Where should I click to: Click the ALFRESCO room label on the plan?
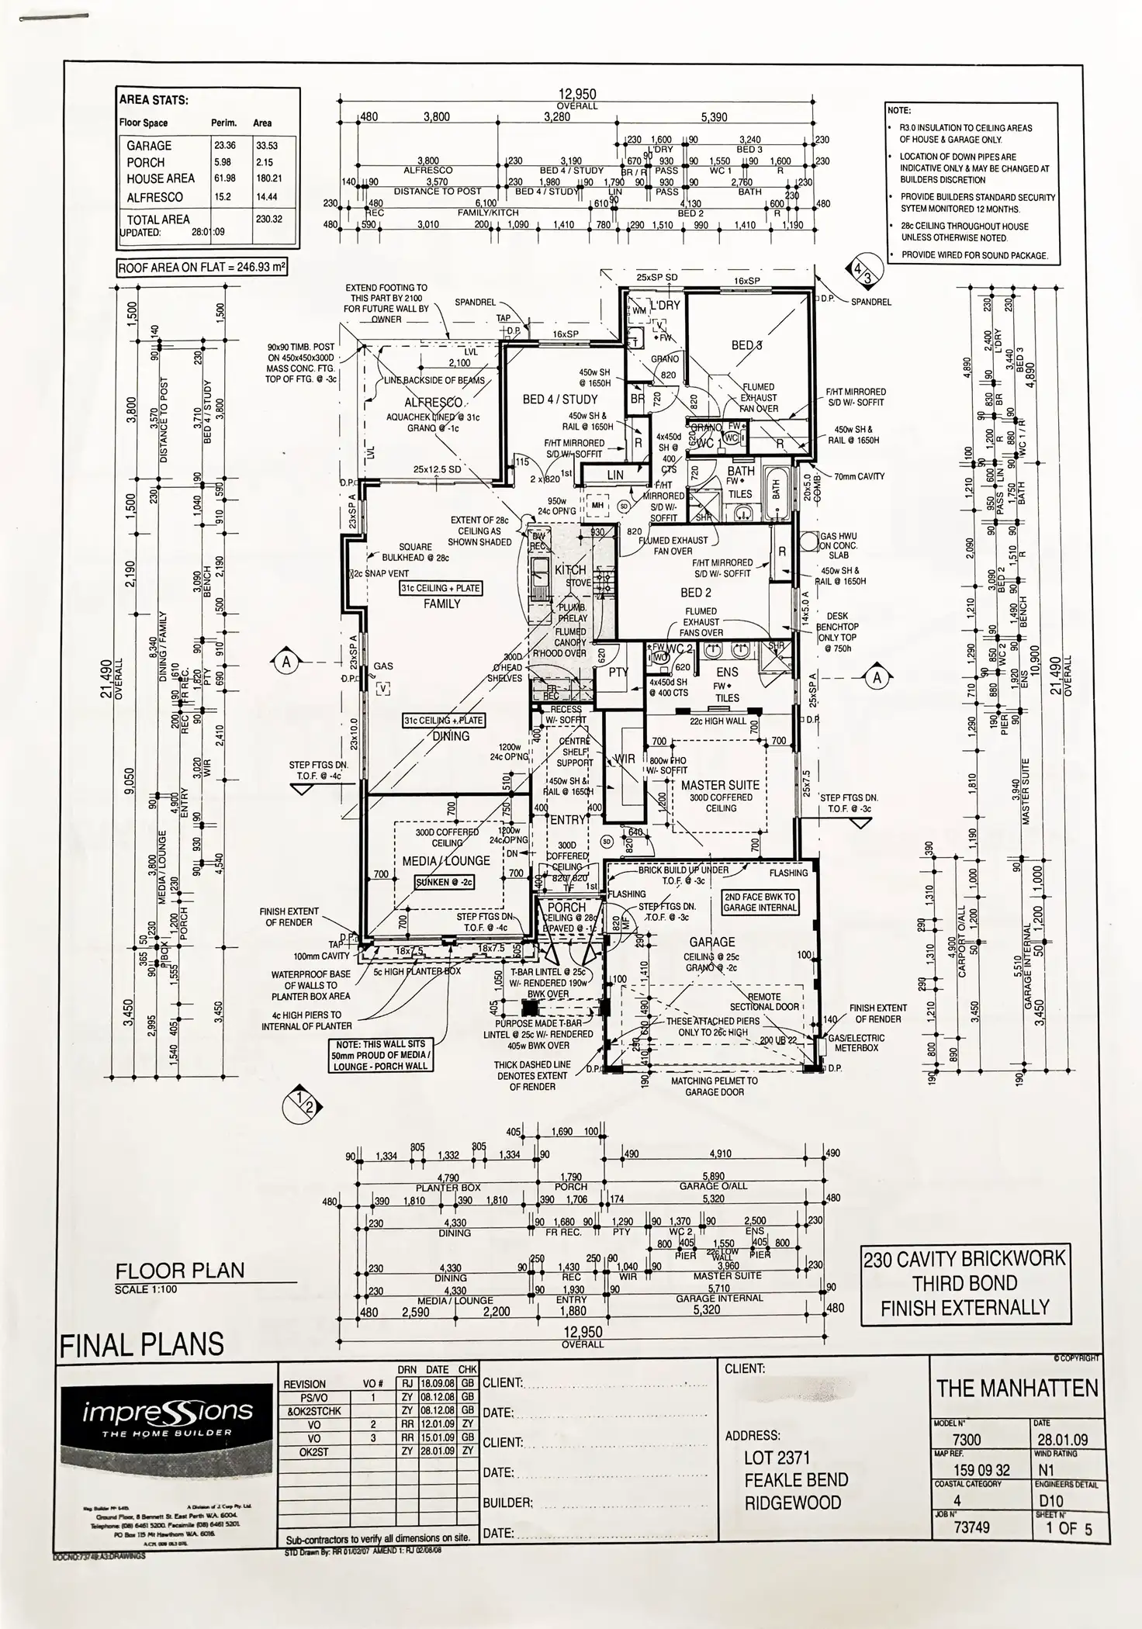[434, 403]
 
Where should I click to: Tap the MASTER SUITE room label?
[720, 785]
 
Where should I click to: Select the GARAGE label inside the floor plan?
[712, 942]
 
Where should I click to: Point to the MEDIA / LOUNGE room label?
[445, 860]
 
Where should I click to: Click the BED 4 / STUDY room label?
[559, 399]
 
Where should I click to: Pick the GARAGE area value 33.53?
[268, 145]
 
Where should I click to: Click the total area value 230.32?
[268, 219]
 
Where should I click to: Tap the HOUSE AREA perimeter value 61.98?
[226, 179]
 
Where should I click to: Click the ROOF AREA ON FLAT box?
[202, 268]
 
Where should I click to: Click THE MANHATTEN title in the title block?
[1017, 1388]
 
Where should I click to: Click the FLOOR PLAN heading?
[179, 1271]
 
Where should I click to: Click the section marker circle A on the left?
[286, 662]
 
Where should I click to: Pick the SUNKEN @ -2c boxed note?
[444, 882]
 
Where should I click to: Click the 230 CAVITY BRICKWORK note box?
[964, 1283]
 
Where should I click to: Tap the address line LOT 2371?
[777, 1457]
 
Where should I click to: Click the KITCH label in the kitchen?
[571, 570]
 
